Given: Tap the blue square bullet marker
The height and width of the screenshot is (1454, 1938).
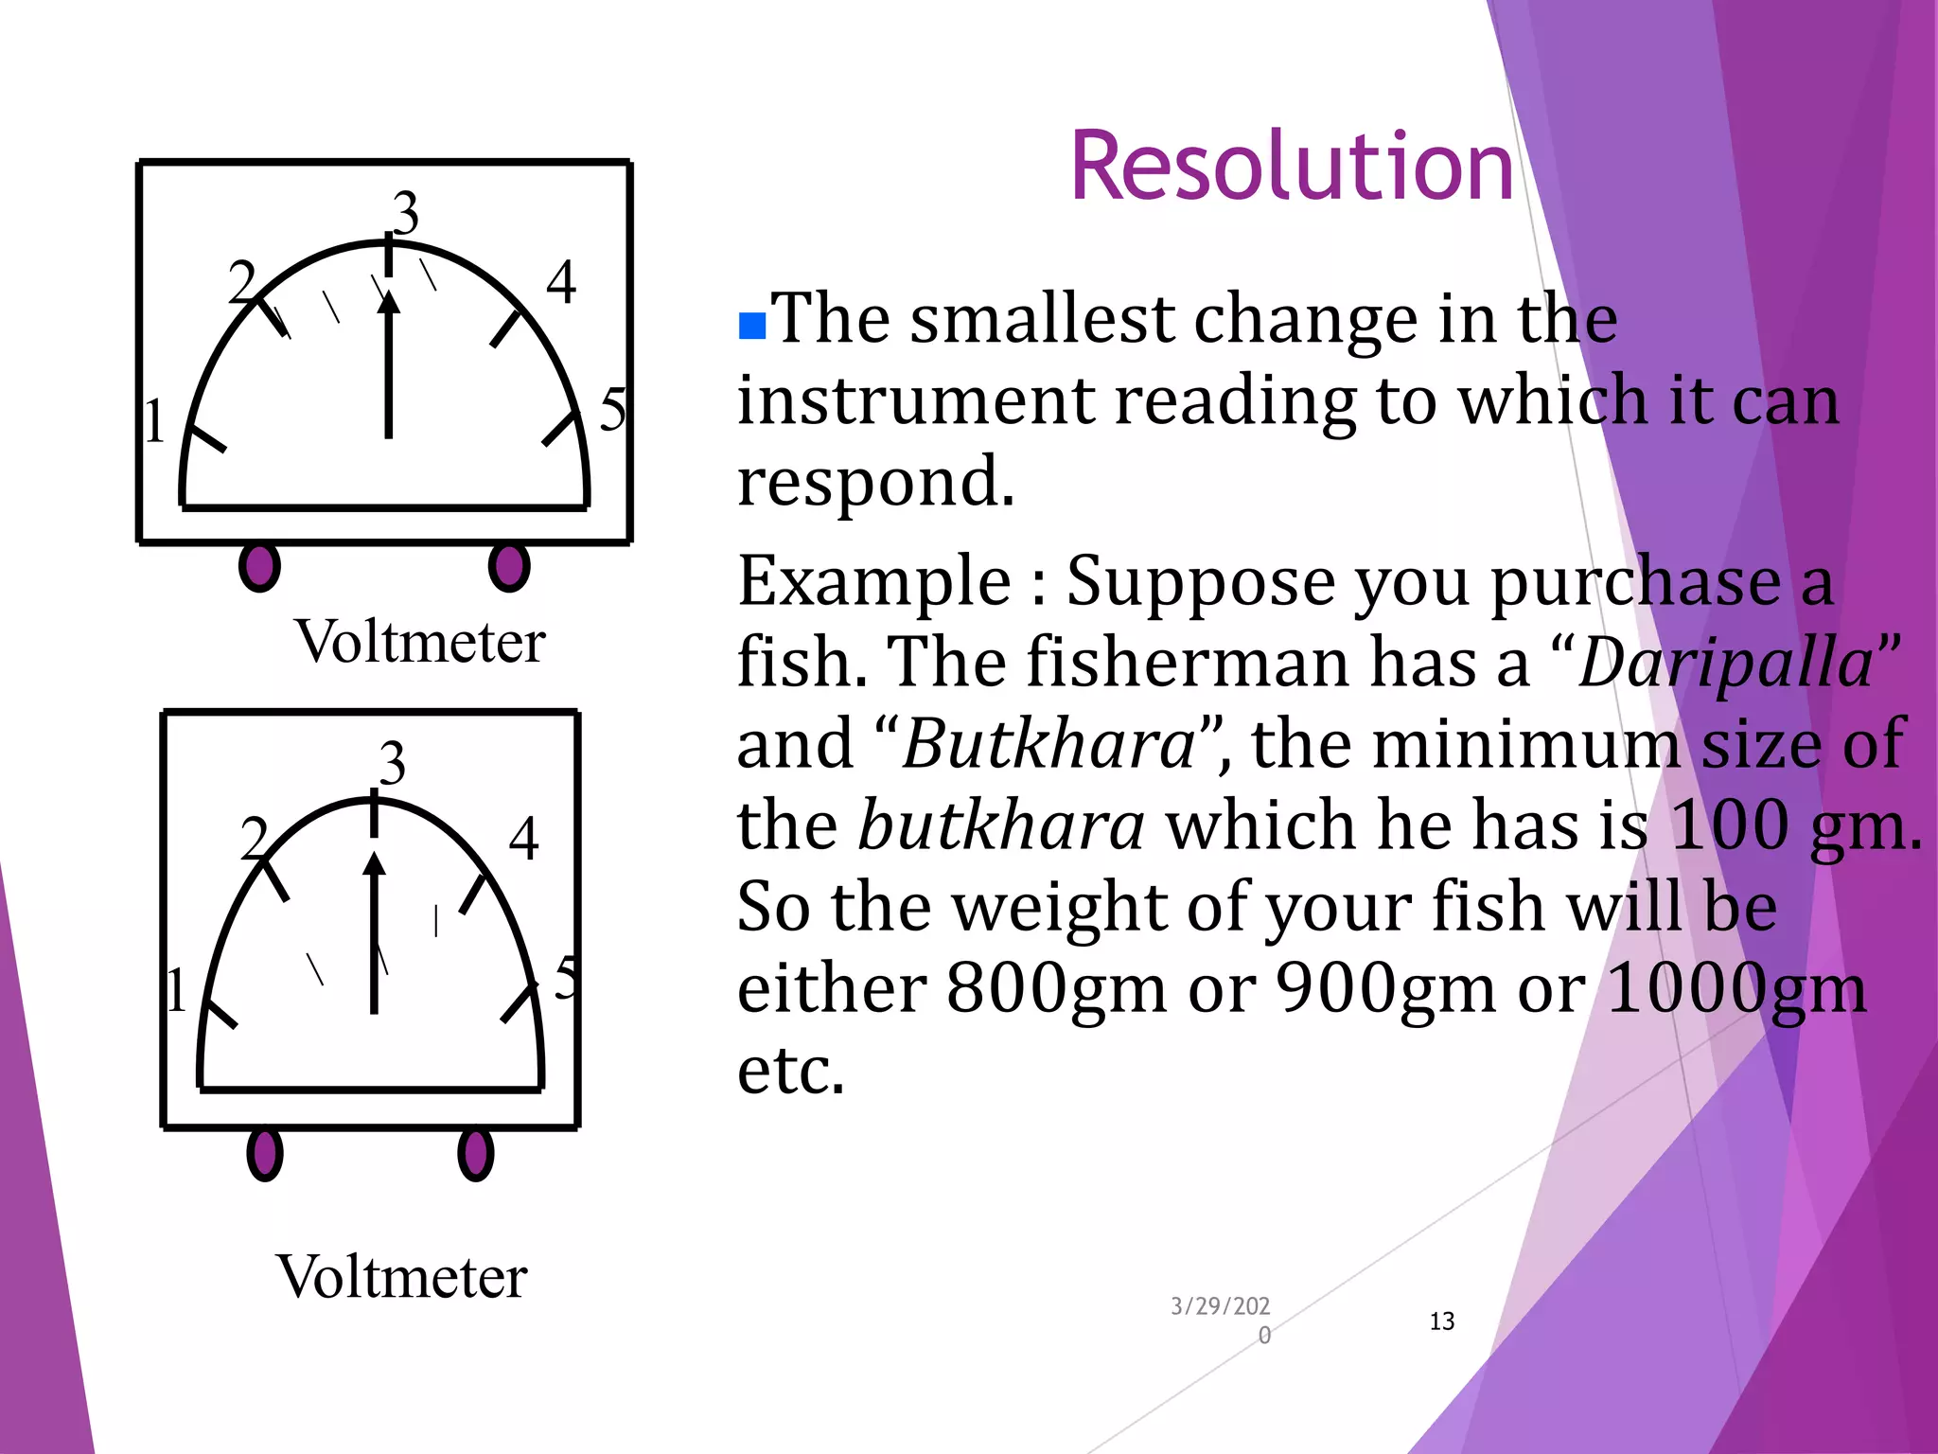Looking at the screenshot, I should (751, 326).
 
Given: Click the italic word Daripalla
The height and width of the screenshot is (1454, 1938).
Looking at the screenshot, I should (1725, 663).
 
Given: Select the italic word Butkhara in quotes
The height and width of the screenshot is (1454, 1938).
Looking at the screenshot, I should (1048, 744).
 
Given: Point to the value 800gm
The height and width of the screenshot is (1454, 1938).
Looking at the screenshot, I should (1056, 988).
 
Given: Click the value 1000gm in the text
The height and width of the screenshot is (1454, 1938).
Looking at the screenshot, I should (1736, 988).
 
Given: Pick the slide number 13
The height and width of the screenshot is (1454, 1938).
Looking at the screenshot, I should (1441, 1321).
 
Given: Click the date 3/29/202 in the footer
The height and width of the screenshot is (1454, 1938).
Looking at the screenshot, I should (1220, 1307).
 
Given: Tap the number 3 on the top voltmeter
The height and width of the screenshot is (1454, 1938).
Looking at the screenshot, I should (405, 212).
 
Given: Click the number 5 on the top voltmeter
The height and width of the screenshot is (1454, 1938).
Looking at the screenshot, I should (613, 409).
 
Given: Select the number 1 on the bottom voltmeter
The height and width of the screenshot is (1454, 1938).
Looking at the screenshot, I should (176, 990).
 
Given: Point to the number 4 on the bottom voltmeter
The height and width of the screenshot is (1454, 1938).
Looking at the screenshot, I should (523, 839).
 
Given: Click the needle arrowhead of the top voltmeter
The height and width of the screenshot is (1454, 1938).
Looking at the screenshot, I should (388, 302).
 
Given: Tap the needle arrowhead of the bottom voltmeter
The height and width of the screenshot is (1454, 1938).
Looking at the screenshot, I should (375, 863).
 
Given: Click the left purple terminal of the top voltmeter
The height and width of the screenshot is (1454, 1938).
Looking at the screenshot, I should (259, 566).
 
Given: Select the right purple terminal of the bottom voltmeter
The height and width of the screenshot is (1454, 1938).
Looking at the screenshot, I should (475, 1154).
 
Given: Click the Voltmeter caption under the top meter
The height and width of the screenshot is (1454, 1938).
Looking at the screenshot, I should (420, 642).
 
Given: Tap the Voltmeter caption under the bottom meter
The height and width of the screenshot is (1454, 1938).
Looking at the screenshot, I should (401, 1277).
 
